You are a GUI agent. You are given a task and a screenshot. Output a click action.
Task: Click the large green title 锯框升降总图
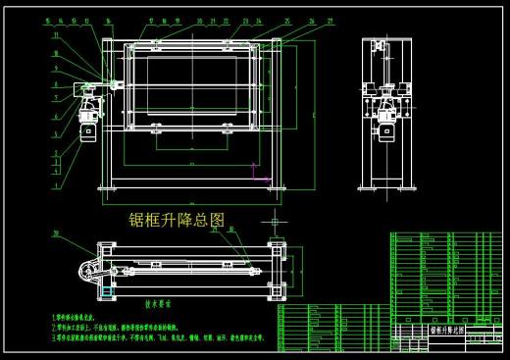(177, 219)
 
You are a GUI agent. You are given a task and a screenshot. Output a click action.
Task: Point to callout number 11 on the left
(56, 35)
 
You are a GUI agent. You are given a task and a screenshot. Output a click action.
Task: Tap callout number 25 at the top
(287, 20)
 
